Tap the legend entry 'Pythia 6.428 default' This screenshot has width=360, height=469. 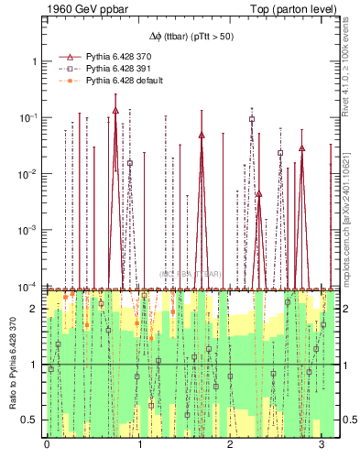124,81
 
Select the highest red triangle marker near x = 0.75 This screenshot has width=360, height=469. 115,110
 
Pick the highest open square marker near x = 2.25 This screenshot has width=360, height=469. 252,119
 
